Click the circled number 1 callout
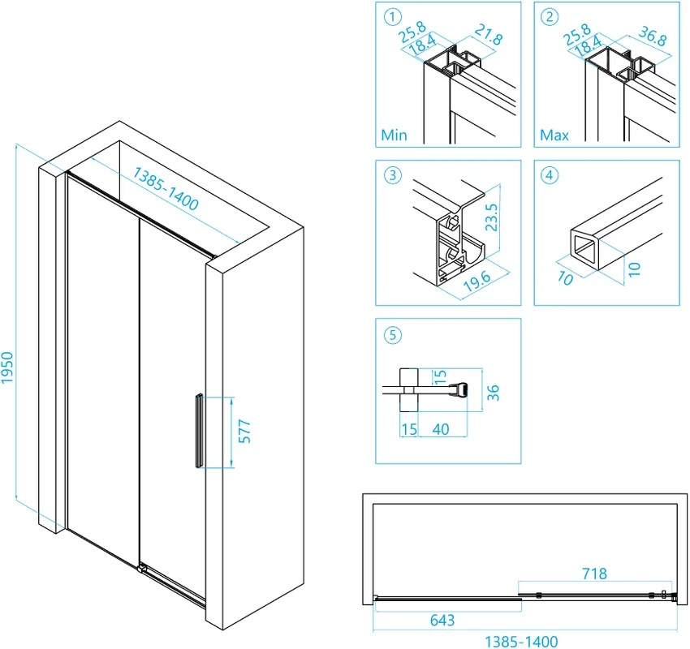tap(394, 16)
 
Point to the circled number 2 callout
tap(552, 16)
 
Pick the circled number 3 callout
tap(394, 174)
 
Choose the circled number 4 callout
tap(552, 174)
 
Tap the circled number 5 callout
tap(394, 333)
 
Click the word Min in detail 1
tap(395, 135)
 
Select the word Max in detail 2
tap(554, 135)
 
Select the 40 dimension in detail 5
tap(441, 429)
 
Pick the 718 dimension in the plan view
tap(595, 574)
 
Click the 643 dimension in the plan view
tap(442, 621)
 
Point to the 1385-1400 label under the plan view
tap(521, 641)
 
